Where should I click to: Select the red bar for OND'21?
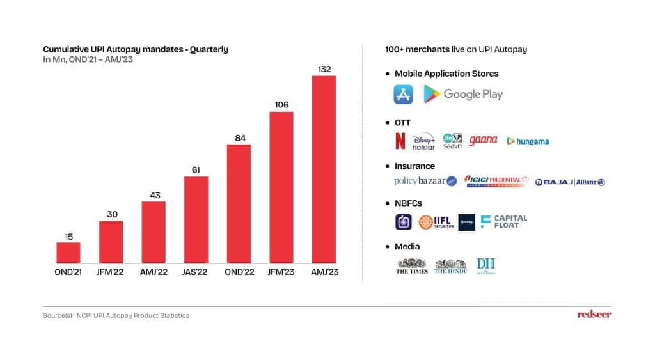coord(68,253)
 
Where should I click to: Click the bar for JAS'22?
coord(196,219)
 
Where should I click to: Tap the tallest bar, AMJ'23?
coord(324,169)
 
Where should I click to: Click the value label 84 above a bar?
coord(239,137)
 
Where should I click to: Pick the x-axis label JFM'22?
coord(111,272)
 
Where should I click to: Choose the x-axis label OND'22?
coord(239,272)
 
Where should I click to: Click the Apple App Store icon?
coord(404,94)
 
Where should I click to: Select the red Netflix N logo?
coord(400,141)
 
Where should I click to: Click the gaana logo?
coord(483,140)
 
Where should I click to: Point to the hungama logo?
coord(528,141)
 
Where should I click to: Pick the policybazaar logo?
coord(425,181)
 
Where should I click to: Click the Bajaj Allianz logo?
coord(570,182)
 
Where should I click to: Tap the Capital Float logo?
coord(504,221)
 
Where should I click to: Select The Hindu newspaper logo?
coord(450,266)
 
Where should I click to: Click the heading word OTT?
coord(402,122)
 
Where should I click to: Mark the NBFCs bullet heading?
coord(408,203)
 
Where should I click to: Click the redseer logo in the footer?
coord(594,314)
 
